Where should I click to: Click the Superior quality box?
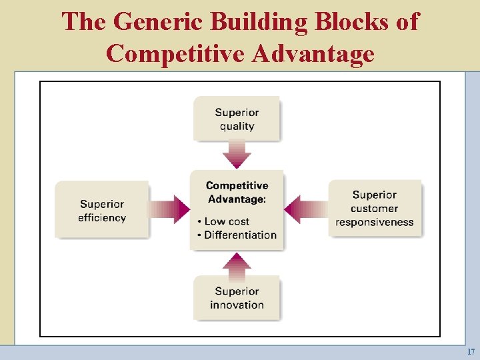(237, 119)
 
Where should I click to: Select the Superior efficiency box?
(102, 210)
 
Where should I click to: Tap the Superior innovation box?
(237, 298)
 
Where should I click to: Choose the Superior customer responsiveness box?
(375, 208)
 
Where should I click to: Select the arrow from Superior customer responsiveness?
(306, 209)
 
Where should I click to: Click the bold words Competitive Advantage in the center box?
(237, 192)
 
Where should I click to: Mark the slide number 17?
(471, 351)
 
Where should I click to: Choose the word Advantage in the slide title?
(313, 53)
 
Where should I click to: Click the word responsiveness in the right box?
(375, 222)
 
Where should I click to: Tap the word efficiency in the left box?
(102, 217)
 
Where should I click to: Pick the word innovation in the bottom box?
(237, 305)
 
